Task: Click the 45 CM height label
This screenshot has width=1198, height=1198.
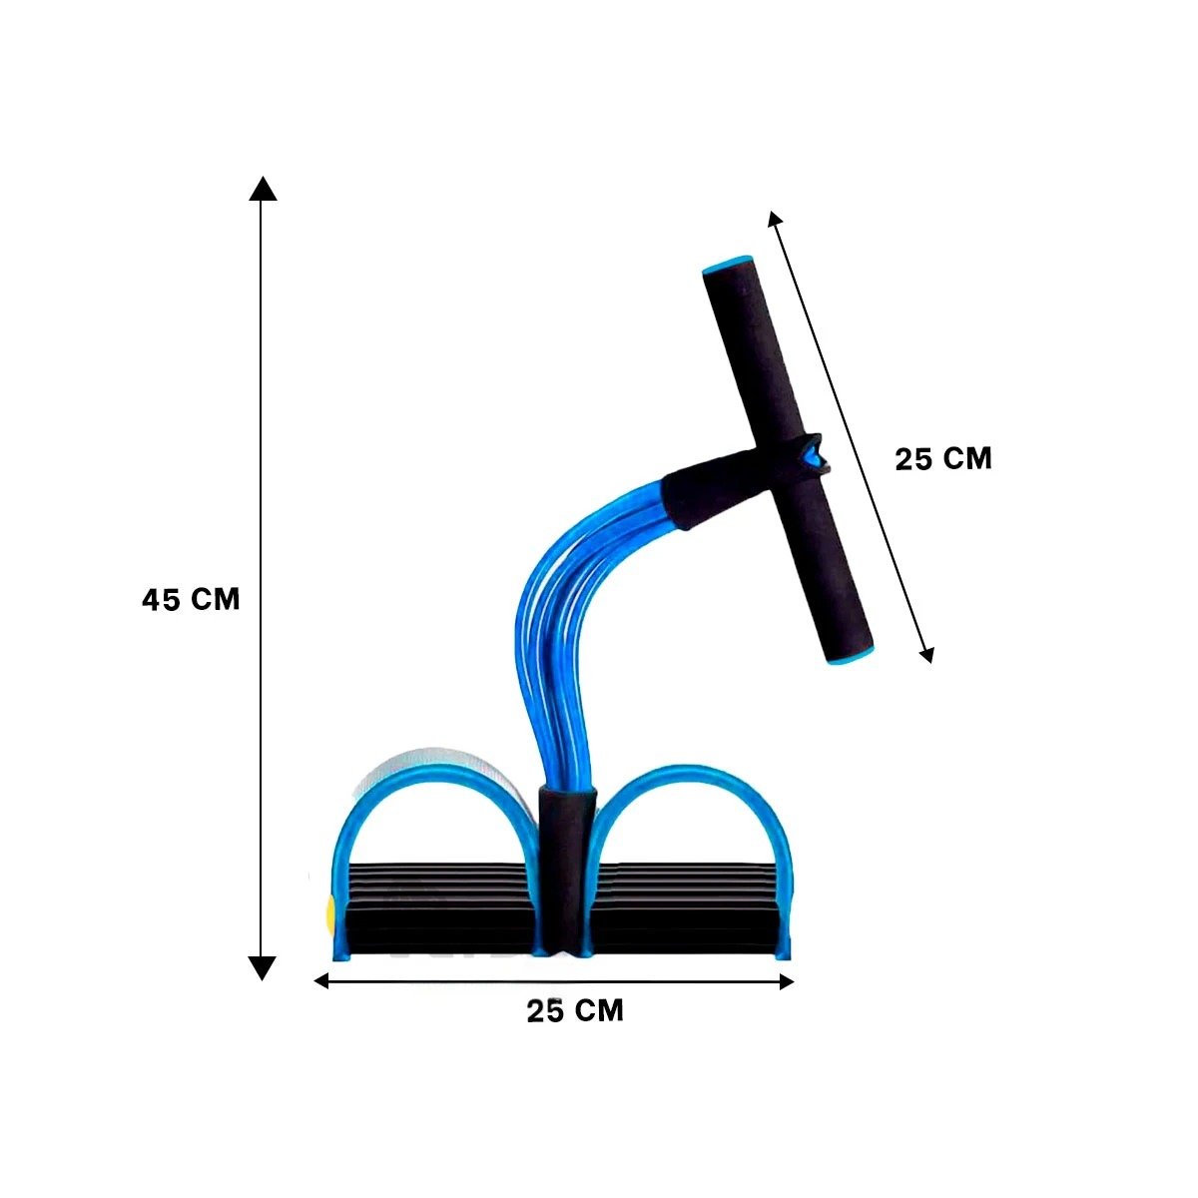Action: (191, 599)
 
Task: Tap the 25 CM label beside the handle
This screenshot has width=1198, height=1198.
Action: (943, 459)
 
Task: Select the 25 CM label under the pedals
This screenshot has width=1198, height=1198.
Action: (574, 1010)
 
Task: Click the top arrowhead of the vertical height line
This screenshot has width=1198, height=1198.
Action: (263, 188)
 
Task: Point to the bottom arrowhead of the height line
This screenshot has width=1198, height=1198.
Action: (263, 968)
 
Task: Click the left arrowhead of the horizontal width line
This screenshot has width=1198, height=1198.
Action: (320, 981)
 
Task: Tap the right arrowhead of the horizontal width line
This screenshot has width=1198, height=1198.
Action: (787, 981)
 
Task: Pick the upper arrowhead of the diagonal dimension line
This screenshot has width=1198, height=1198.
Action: (774, 219)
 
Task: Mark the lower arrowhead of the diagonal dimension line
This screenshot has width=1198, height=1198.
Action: (927, 655)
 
